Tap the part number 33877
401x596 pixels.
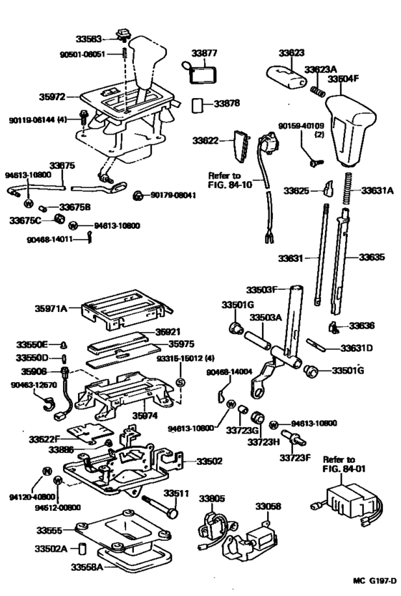click(204, 53)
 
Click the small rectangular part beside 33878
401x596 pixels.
click(198, 104)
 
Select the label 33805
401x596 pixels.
click(212, 498)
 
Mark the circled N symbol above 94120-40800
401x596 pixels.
click(44, 471)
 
